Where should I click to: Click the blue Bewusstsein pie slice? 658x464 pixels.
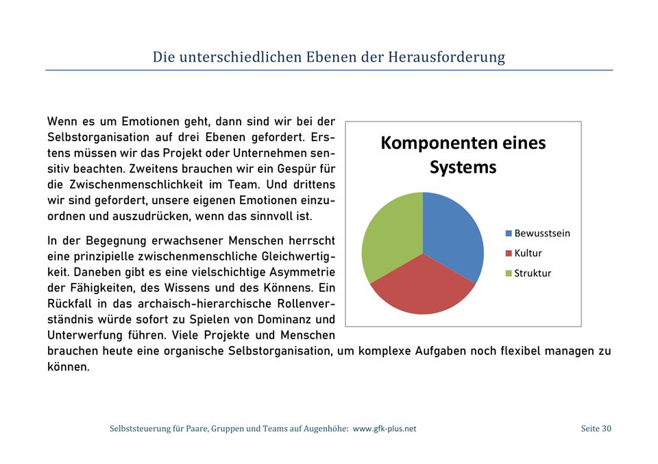454,233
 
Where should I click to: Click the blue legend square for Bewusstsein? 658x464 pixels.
509,234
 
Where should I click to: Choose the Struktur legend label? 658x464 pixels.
533,273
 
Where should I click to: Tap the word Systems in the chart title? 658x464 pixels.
463,167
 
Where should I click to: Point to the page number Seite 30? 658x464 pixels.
596,429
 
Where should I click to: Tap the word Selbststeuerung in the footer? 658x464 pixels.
141,429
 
